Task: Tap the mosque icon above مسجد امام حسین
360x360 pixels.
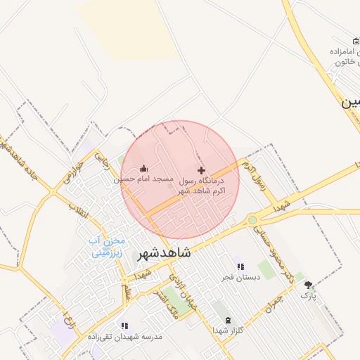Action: [x=144, y=168]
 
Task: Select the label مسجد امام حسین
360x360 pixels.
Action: [x=144, y=180]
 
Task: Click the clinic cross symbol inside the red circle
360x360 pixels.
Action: [x=202, y=170]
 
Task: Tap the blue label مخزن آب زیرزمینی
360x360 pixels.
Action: [x=106, y=247]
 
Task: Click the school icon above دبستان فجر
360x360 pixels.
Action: [x=240, y=266]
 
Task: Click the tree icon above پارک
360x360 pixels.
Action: [x=309, y=285]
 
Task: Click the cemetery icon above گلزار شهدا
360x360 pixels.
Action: [x=227, y=319]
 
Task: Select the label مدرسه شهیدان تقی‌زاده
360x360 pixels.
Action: [x=125, y=337]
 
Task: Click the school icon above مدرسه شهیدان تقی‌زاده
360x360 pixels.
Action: [x=124, y=326]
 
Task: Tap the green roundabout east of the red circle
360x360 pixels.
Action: [x=252, y=220]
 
